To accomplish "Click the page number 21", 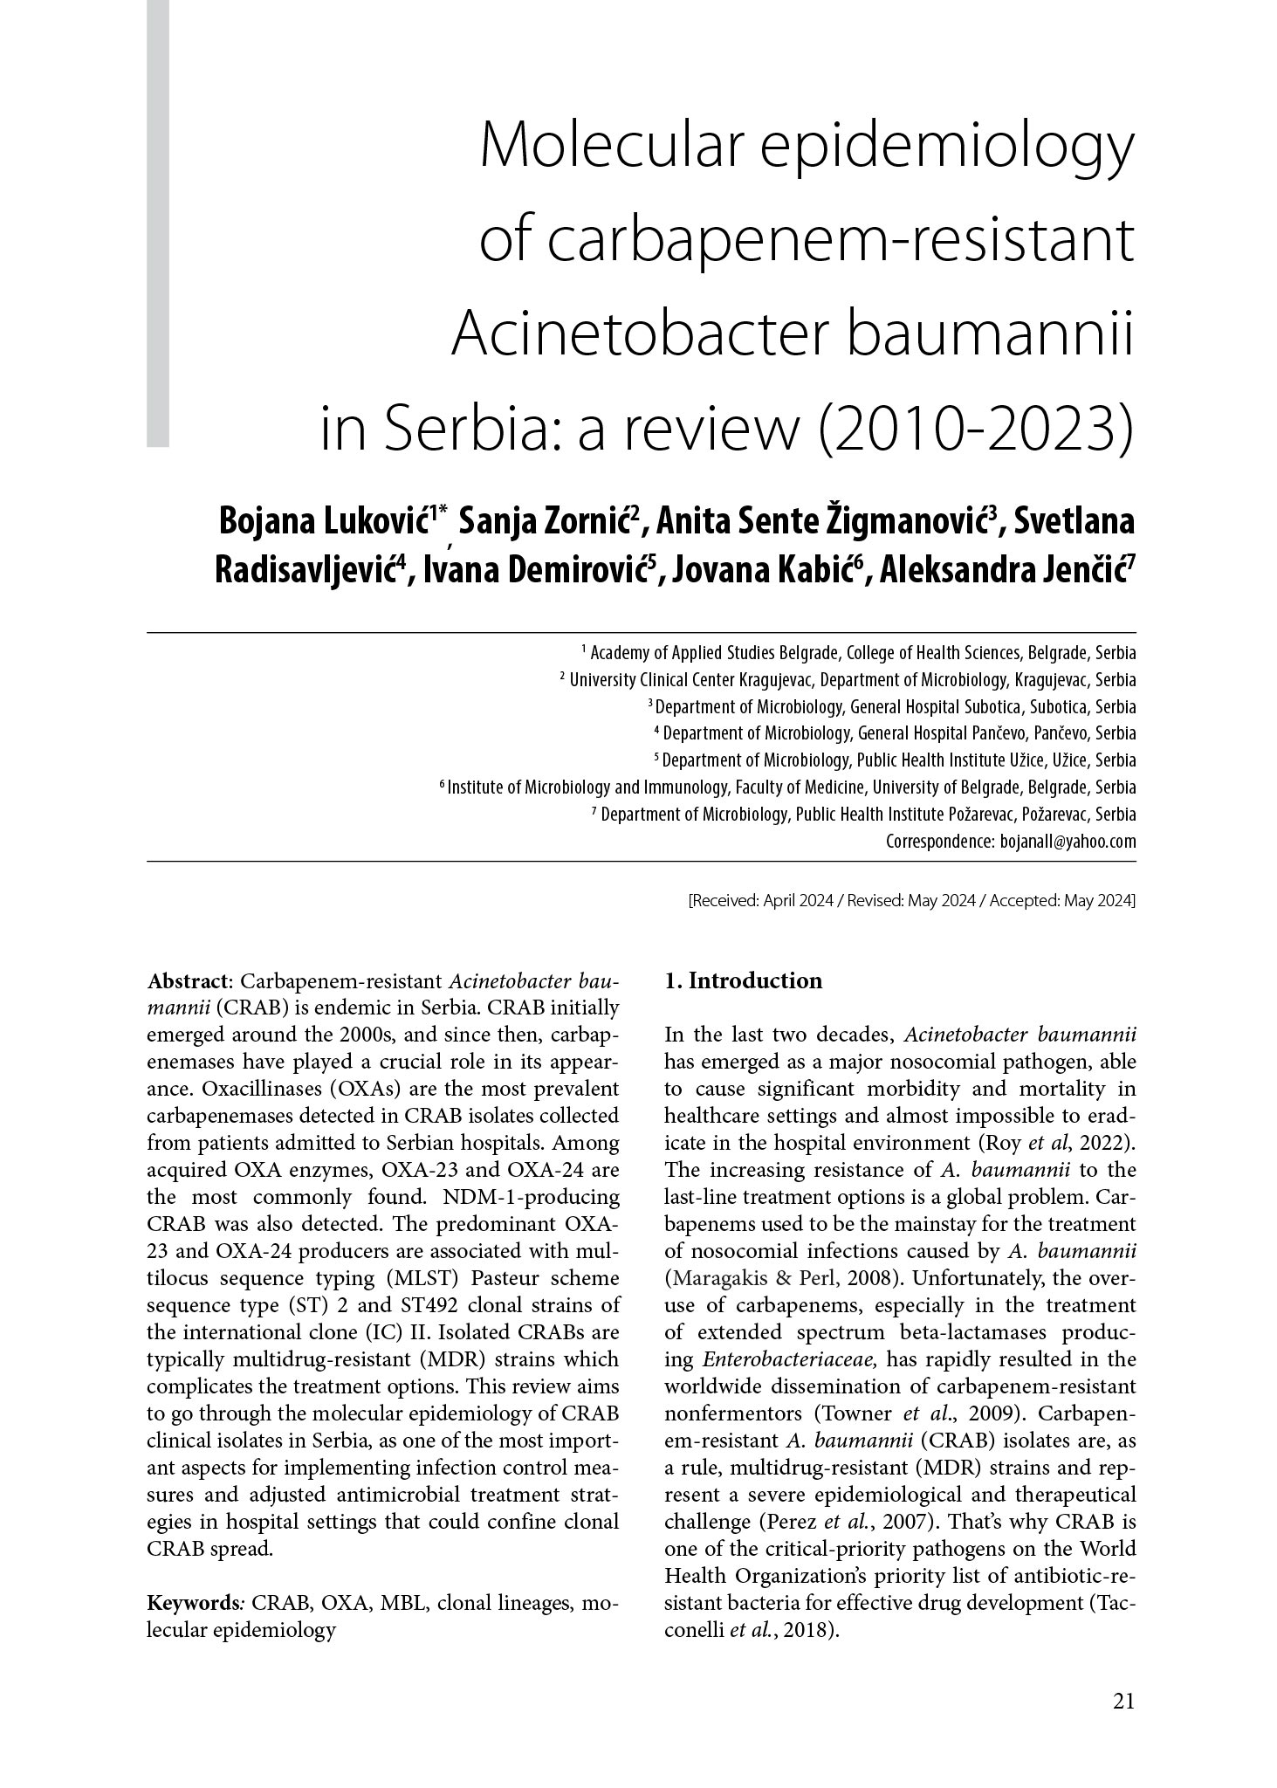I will click(1123, 1701).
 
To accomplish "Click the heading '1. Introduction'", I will click(743, 980).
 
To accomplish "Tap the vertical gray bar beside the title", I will click(157, 223).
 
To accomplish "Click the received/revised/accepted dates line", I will click(912, 900).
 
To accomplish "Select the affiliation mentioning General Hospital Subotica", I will click(895, 706).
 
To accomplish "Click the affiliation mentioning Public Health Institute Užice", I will click(897, 760).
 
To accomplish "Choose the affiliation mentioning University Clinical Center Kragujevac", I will click(851, 679).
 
